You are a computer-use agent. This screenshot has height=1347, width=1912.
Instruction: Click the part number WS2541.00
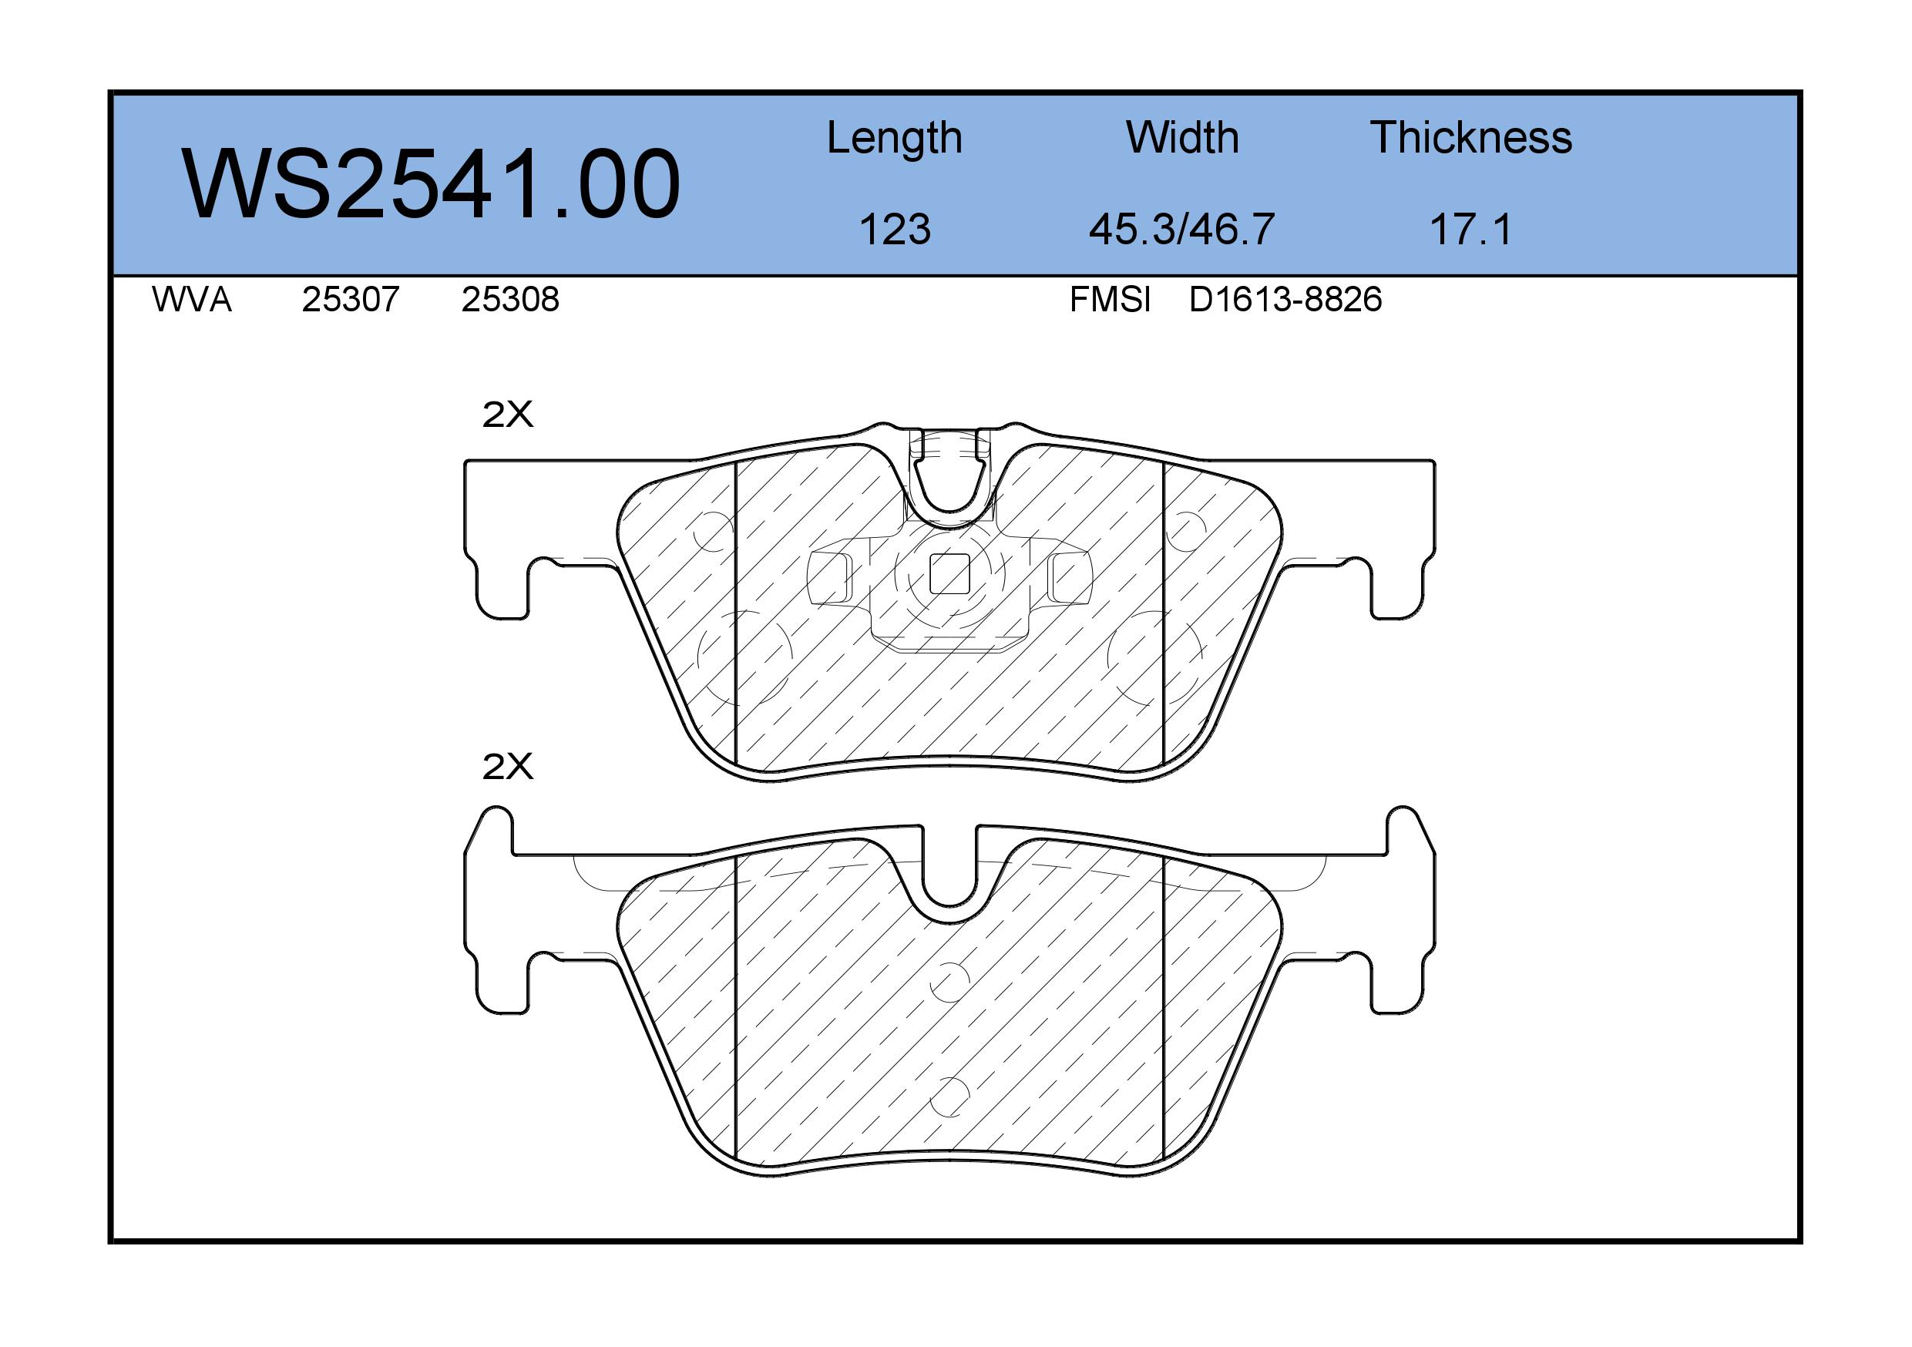432,184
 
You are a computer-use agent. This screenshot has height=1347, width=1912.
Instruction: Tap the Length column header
895,139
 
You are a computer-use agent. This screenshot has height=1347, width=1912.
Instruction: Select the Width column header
1182,137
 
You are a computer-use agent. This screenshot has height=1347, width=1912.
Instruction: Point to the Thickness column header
1470,137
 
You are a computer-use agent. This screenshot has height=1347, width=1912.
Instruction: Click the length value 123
895,229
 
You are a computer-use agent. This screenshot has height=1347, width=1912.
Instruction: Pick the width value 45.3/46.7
1181,229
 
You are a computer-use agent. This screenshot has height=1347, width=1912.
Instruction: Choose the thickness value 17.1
1470,229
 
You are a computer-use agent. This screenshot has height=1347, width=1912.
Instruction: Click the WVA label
192,300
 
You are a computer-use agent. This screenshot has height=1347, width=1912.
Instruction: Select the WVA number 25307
351,300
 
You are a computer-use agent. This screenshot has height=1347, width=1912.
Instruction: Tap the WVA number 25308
510,300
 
